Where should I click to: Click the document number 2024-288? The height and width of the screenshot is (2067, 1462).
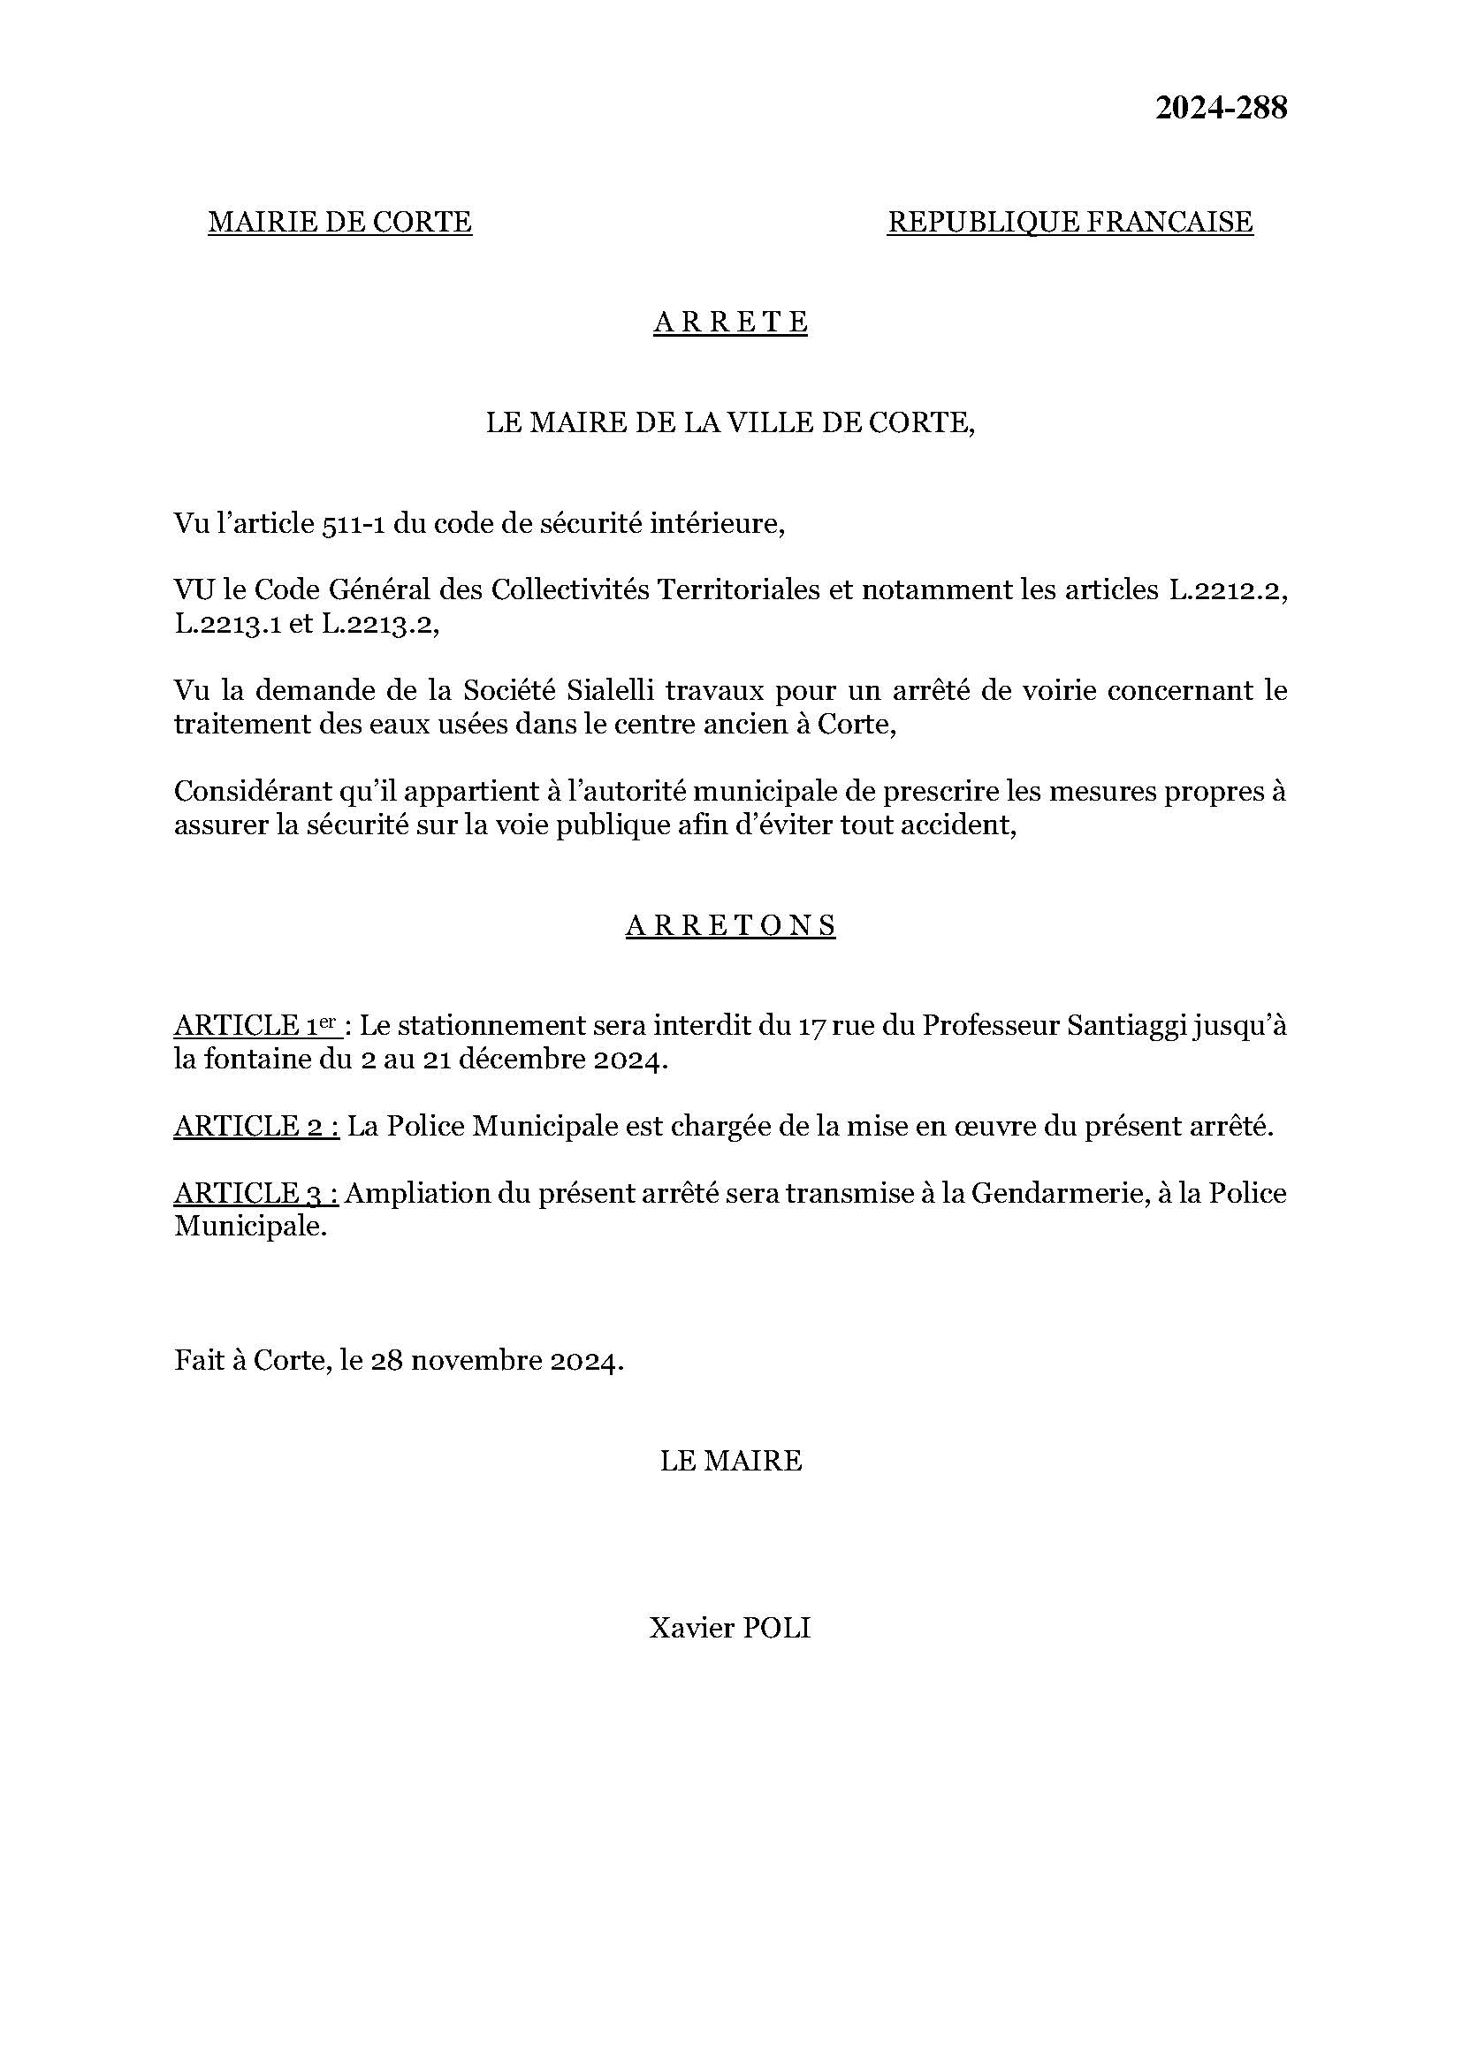point(1222,109)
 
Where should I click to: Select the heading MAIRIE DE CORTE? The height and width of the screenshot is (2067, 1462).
point(339,222)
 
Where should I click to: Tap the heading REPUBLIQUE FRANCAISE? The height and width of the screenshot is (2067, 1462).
point(1070,222)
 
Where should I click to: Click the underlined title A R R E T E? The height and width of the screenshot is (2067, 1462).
point(730,323)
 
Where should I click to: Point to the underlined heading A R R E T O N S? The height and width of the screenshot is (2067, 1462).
point(730,925)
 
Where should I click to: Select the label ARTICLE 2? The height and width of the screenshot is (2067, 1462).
point(255,1126)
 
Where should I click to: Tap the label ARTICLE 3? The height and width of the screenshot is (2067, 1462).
point(255,1194)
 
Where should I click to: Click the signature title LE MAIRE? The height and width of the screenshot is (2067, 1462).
point(730,1461)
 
